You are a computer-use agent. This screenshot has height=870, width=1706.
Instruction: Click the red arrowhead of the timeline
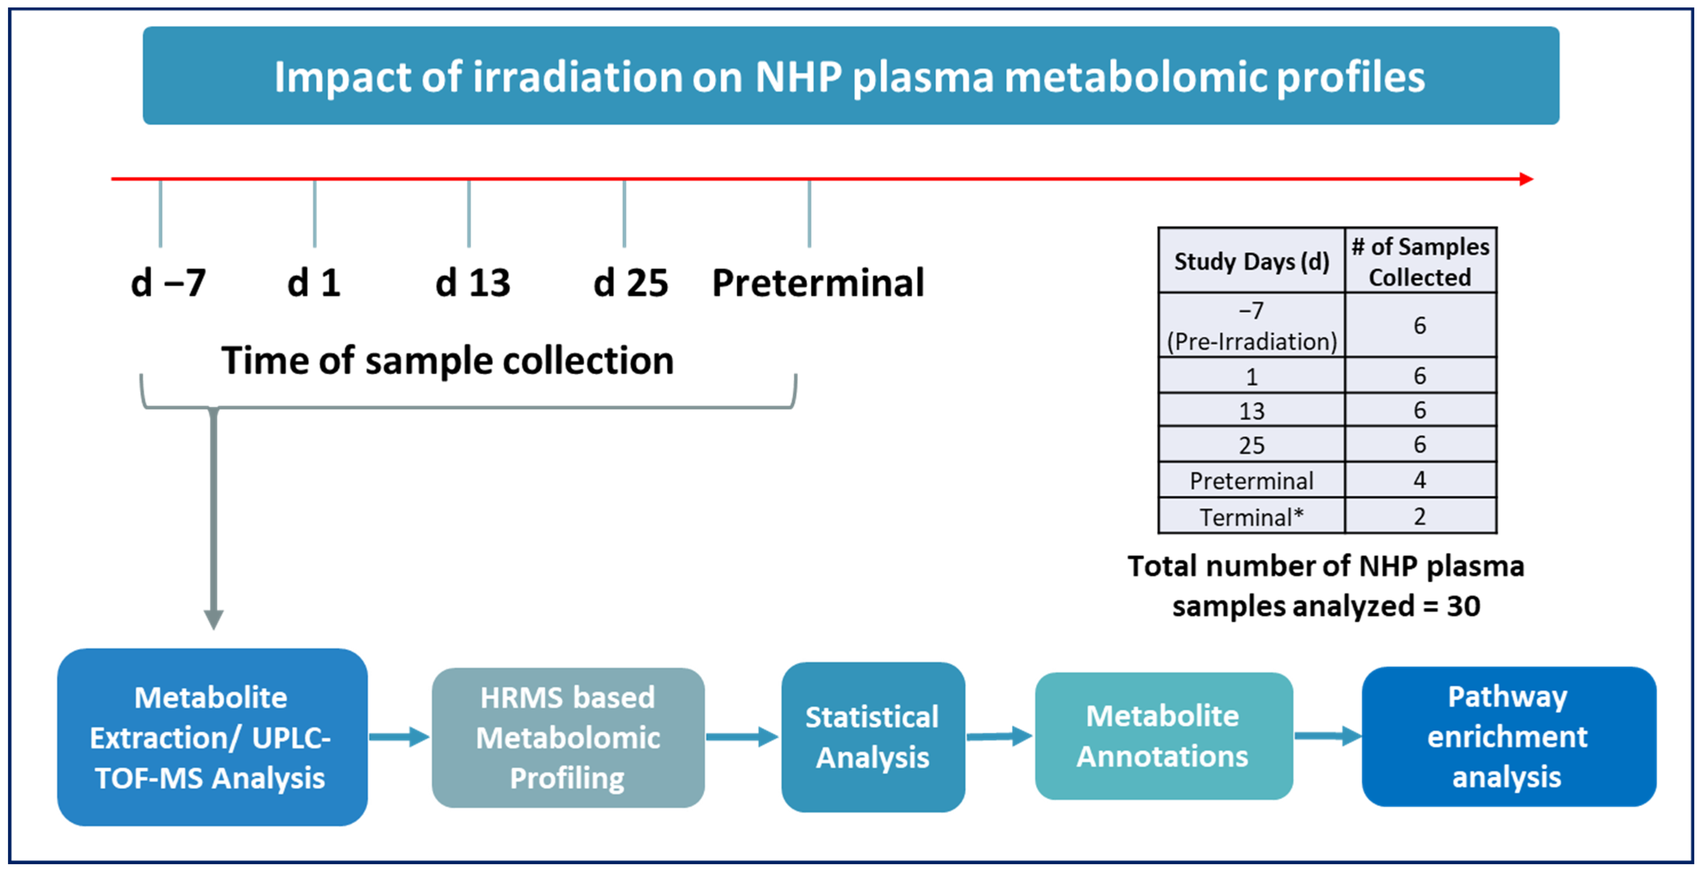(1526, 179)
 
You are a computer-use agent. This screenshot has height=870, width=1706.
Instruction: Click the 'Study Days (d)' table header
(1251, 261)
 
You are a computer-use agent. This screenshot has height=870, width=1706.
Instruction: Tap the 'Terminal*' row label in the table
(1251, 517)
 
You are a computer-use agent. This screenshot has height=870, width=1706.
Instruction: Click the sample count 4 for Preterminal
(1419, 480)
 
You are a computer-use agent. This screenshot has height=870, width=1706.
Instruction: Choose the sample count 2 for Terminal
(1419, 516)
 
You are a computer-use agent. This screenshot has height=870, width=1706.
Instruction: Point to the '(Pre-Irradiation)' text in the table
(1251, 342)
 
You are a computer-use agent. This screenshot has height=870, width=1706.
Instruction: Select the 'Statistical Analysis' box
(872, 737)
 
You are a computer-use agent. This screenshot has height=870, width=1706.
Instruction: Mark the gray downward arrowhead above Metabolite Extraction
(213, 620)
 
